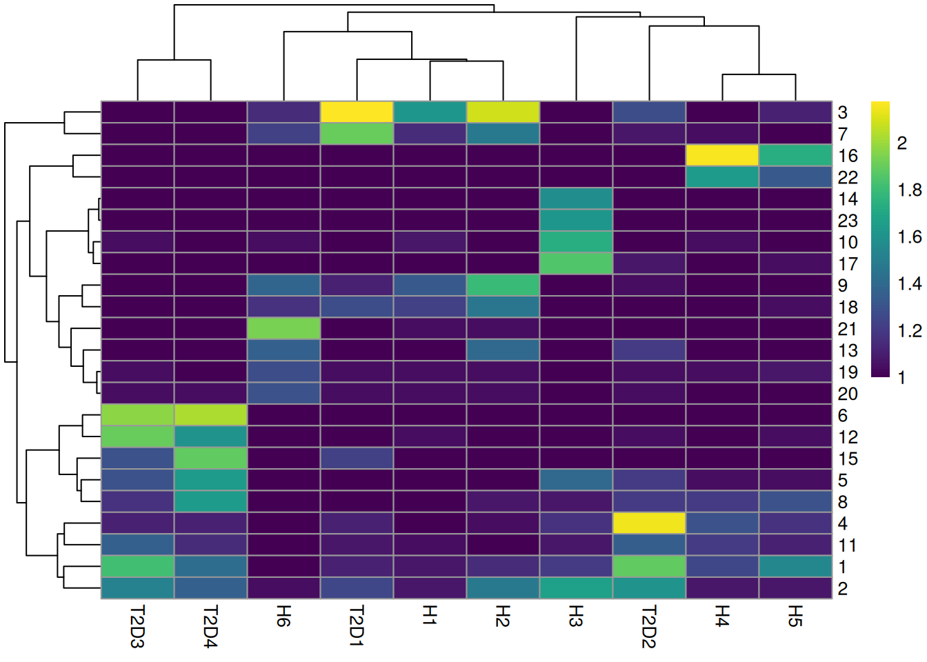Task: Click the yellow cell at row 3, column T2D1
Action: tap(357, 112)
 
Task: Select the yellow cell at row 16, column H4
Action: tap(722, 155)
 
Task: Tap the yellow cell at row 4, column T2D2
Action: tap(649, 523)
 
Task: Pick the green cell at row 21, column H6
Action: tap(283, 328)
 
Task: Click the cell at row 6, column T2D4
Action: tap(210, 414)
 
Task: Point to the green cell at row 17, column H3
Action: tap(576, 263)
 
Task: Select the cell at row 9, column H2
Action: tap(503, 285)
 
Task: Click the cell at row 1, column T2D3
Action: tap(137, 566)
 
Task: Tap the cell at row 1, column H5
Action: tap(795, 566)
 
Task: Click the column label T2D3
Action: tap(137, 627)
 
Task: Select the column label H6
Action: tap(283, 616)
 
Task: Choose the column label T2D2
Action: tap(649, 627)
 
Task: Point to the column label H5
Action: tap(795, 616)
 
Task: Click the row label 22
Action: tap(848, 177)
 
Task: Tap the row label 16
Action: tap(848, 156)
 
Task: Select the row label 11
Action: tap(847, 545)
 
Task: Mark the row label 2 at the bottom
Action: tap(843, 588)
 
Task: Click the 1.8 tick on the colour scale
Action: tap(909, 190)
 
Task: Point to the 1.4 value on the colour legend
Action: tap(909, 283)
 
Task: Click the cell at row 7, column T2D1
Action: tap(357, 133)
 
